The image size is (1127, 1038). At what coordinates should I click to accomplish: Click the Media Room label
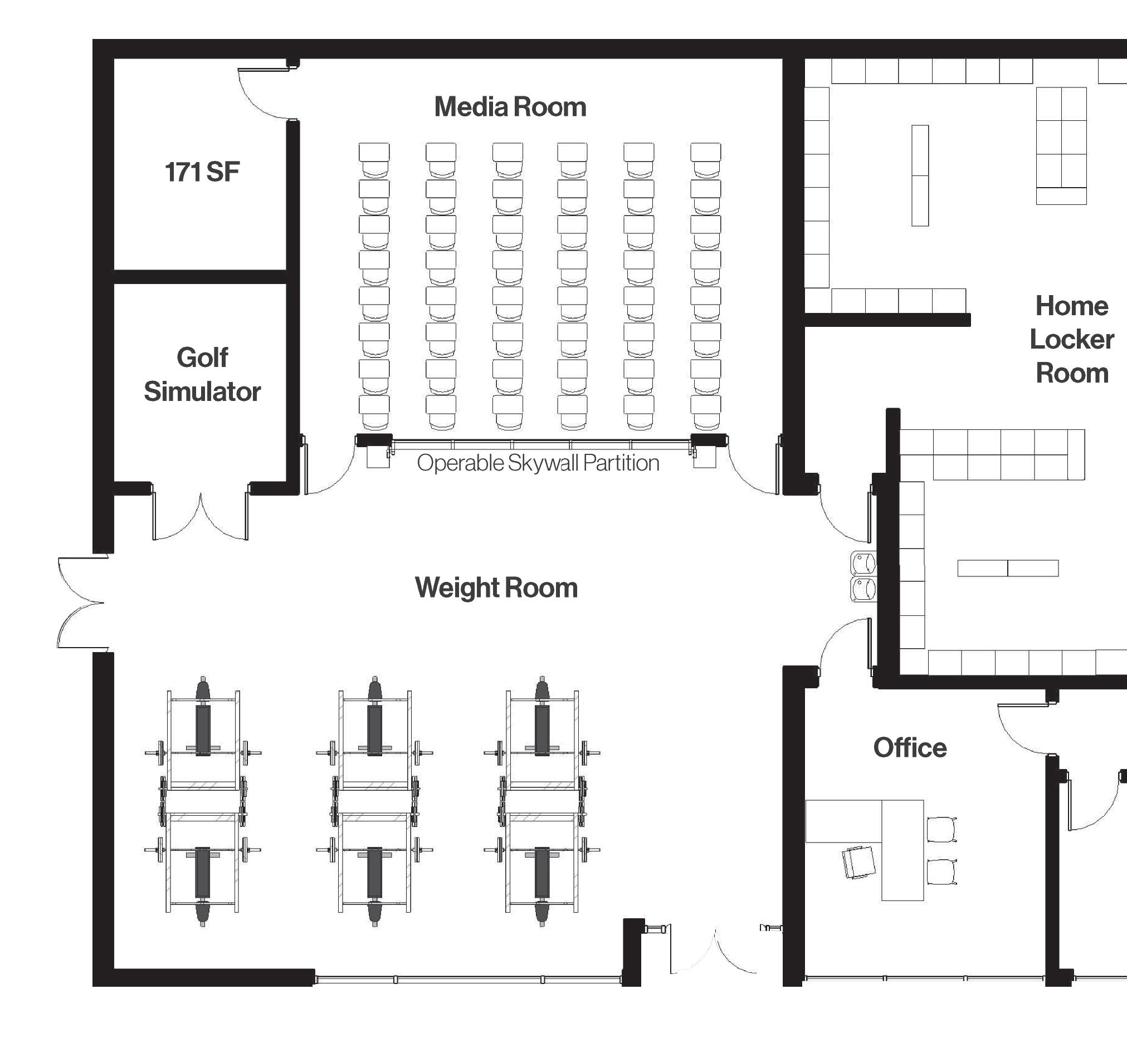pyautogui.click(x=510, y=107)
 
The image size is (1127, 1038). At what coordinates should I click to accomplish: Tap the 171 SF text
pyautogui.click(x=202, y=172)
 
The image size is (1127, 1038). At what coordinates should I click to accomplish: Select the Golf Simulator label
pyautogui.click(x=202, y=375)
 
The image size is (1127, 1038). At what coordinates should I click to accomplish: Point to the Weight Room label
pyautogui.click(x=496, y=588)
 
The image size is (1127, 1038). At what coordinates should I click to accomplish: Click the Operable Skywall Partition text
pyautogui.click(x=538, y=463)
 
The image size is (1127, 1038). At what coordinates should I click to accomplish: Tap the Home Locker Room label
pyautogui.click(x=1072, y=340)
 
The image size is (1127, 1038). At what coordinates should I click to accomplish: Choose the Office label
pyautogui.click(x=910, y=748)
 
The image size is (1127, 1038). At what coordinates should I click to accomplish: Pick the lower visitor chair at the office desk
pyautogui.click(x=941, y=871)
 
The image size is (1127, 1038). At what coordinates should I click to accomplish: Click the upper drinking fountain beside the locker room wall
pyautogui.click(x=863, y=564)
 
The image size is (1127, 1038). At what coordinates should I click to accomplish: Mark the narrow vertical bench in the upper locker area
pyautogui.click(x=920, y=175)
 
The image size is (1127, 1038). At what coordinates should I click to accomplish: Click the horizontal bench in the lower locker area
pyautogui.click(x=1008, y=568)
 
